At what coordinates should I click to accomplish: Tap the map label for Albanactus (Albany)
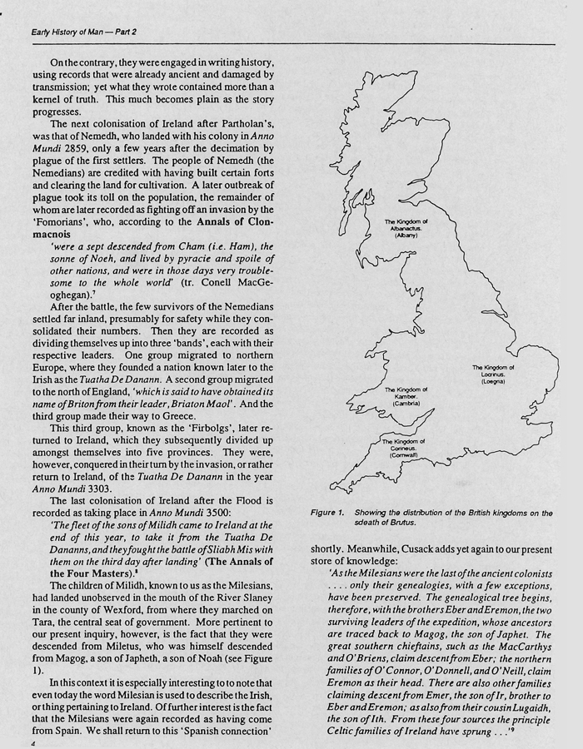(x=406, y=229)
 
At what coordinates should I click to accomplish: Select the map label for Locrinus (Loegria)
(x=494, y=374)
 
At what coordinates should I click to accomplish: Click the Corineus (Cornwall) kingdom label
(x=403, y=449)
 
